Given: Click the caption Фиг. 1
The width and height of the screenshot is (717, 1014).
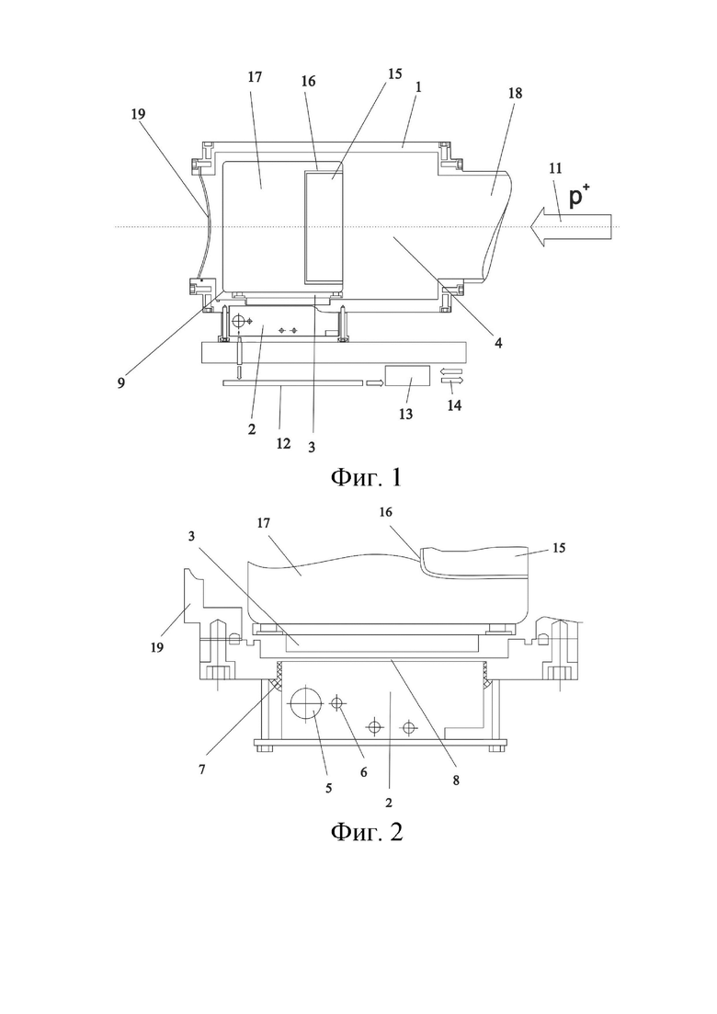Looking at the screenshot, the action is (367, 478).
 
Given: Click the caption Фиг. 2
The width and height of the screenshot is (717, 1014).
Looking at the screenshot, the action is (367, 832).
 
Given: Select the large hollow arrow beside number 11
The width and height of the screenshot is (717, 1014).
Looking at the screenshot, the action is (570, 227).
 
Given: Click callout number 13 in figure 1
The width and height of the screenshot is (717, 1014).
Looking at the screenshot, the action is (405, 415).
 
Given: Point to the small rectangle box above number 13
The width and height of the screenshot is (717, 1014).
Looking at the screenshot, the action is (407, 376).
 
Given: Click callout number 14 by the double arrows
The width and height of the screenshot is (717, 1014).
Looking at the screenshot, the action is (454, 406).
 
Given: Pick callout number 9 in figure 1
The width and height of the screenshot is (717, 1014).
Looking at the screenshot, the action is (121, 382).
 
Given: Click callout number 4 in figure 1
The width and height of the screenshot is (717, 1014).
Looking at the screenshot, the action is (498, 343).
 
